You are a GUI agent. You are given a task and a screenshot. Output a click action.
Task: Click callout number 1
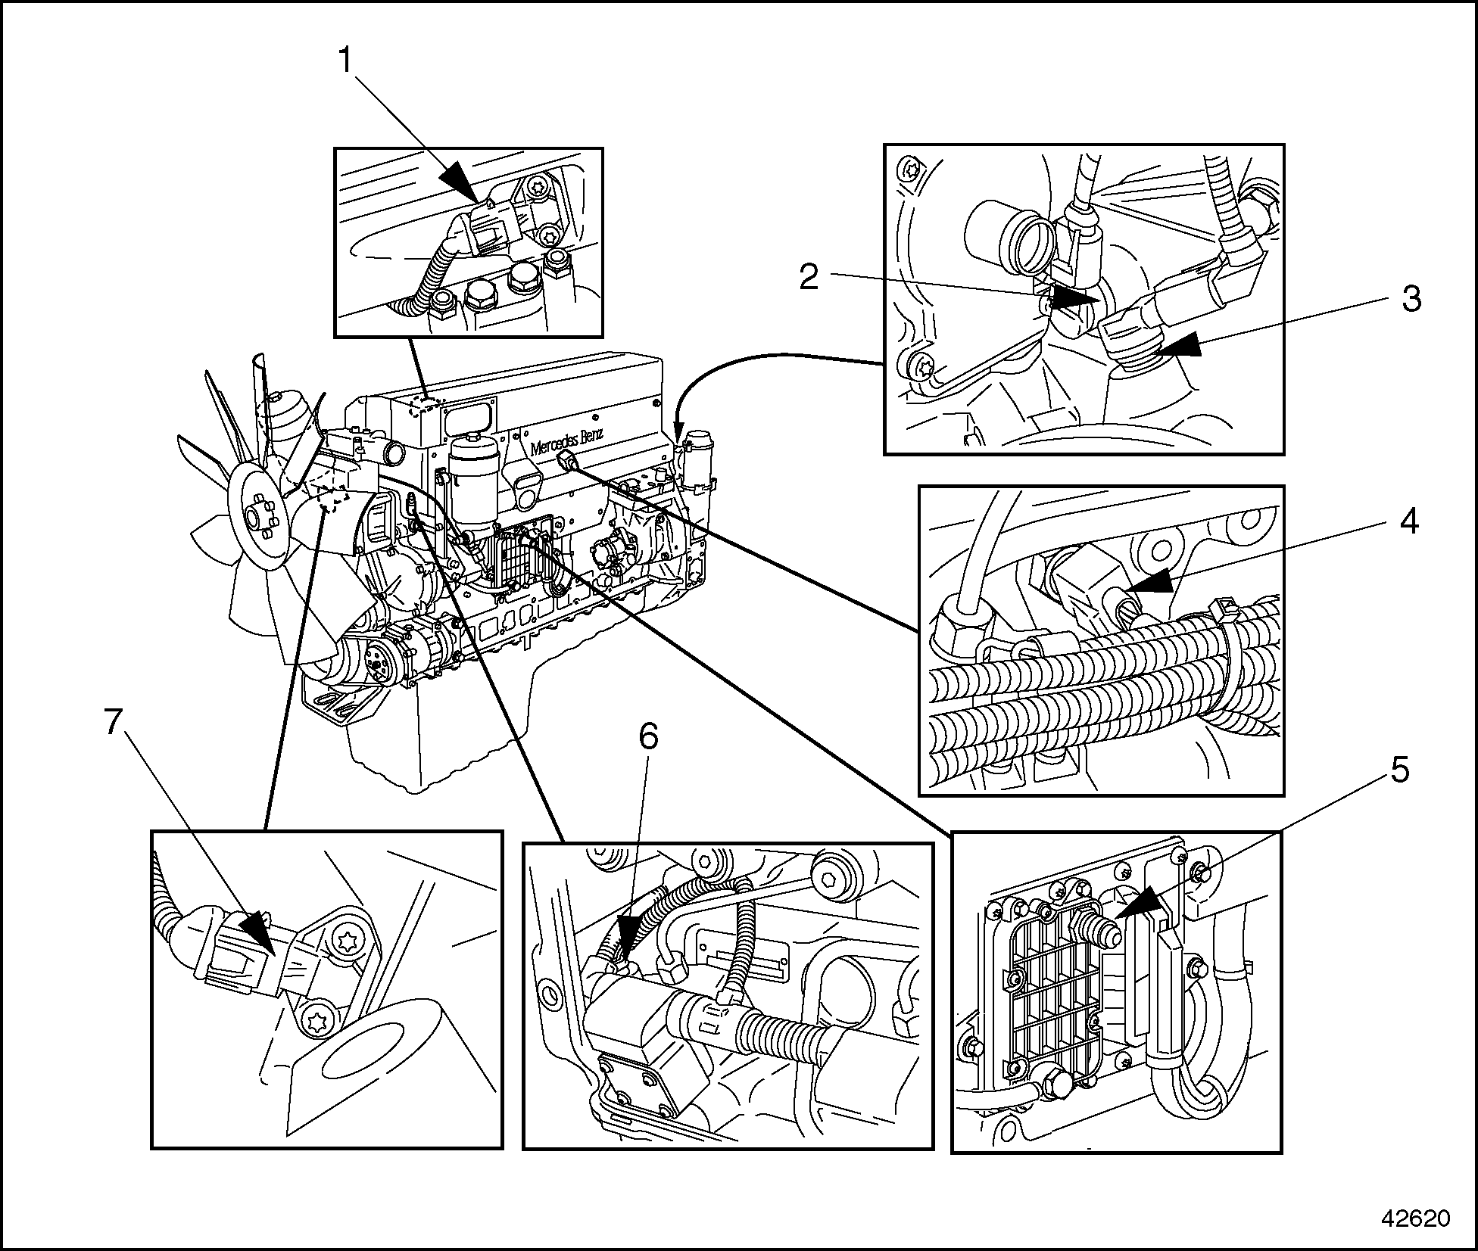[345, 61]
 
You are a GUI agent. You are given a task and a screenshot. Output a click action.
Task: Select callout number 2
[809, 278]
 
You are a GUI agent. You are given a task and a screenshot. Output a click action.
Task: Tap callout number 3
[1410, 300]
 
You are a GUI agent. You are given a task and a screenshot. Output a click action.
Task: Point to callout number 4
[1408, 522]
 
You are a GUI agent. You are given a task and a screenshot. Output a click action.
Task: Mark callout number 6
[649, 736]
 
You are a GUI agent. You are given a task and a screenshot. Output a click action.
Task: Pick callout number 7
[113, 724]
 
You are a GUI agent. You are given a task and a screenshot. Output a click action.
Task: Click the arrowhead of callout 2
[1075, 300]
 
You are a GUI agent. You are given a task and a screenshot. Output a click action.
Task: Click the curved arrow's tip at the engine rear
[677, 436]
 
